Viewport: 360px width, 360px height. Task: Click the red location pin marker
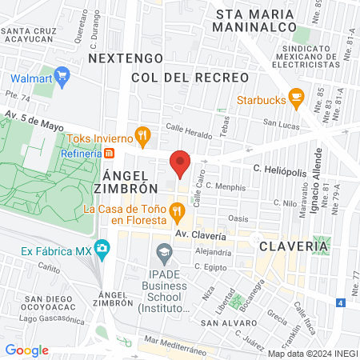coord(180,163)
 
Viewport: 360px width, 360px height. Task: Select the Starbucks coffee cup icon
coord(296,99)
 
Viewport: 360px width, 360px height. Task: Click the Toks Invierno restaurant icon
coord(143,134)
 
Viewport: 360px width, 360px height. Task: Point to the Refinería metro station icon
coord(111,152)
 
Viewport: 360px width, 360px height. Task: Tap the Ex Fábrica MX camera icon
coord(102,250)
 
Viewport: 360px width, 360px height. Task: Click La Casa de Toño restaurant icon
coord(178,212)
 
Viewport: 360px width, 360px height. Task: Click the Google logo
coord(26,350)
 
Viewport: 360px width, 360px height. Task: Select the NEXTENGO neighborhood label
coord(126,58)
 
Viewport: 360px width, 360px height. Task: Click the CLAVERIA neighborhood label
coord(293,247)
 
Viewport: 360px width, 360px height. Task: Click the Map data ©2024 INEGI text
coord(312,353)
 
